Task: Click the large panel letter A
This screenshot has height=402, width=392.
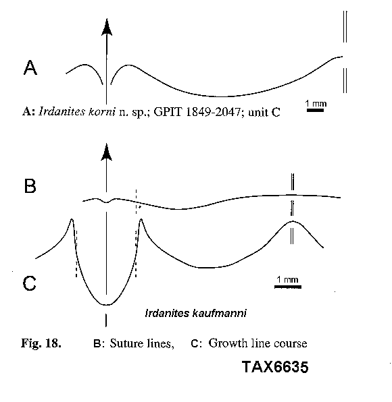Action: click(30, 67)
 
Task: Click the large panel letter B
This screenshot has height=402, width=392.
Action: click(30, 186)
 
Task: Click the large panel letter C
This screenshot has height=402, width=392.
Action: click(29, 283)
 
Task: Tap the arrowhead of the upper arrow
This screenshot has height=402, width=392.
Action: click(107, 27)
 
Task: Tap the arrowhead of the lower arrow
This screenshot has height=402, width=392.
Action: click(106, 152)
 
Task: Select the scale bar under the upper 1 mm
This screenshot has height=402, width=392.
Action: click(315, 110)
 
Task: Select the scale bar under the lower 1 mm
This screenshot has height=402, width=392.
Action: click(288, 287)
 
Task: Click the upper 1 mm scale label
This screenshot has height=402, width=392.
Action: click(316, 104)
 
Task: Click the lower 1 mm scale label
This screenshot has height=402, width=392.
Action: click(287, 279)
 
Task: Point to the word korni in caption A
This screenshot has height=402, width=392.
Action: click(102, 112)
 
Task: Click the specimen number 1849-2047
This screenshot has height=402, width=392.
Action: click(213, 112)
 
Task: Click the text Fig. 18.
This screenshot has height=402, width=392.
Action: click(41, 343)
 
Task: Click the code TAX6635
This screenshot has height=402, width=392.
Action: click(275, 367)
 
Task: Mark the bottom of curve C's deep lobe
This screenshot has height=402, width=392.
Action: click(106, 305)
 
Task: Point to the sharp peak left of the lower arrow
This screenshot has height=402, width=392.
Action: click(72, 219)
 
